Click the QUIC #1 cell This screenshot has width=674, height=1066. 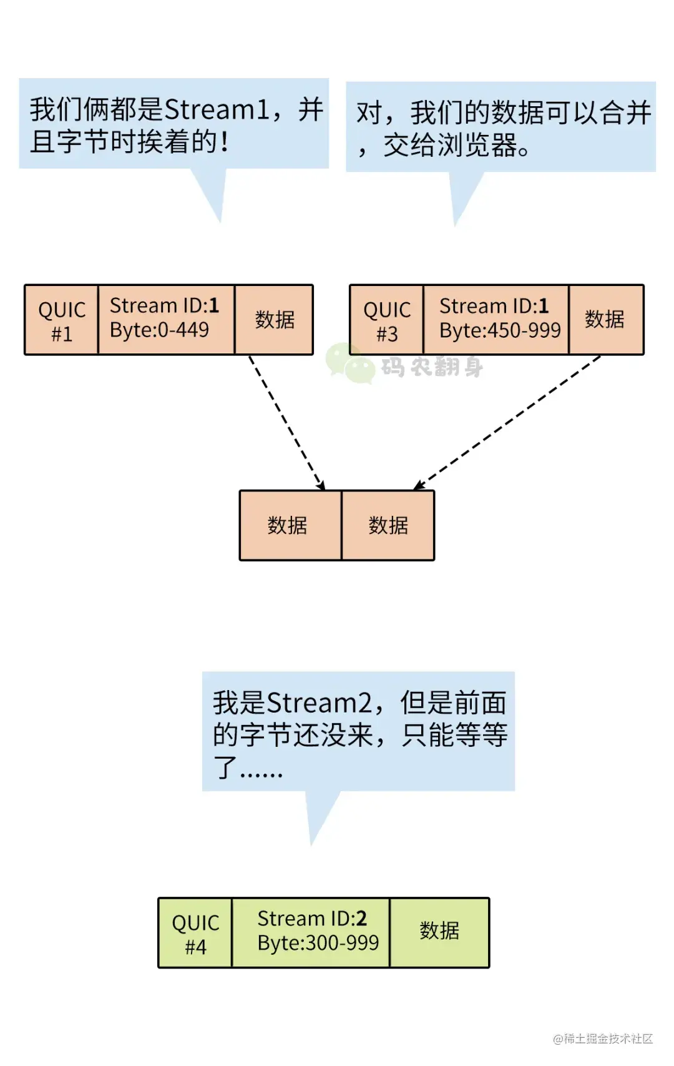click(61, 320)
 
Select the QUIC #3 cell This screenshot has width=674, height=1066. click(386, 320)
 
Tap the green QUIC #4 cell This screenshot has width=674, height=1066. click(195, 934)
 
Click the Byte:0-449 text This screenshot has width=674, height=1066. click(159, 330)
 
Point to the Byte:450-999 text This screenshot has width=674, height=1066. click(500, 330)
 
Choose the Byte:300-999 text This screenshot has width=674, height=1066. click(318, 943)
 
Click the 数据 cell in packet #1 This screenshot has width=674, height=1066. click(275, 320)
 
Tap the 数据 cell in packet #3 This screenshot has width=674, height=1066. click(605, 320)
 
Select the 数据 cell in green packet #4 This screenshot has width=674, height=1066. click(439, 930)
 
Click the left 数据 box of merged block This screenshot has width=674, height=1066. click(288, 525)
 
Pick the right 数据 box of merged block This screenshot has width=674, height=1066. click(388, 525)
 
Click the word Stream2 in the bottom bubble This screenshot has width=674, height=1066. click(319, 703)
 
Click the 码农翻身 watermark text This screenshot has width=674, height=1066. click(432, 367)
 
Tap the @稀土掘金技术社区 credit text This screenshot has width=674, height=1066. click(602, 1039)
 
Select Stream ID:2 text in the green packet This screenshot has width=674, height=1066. click(311, 919)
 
